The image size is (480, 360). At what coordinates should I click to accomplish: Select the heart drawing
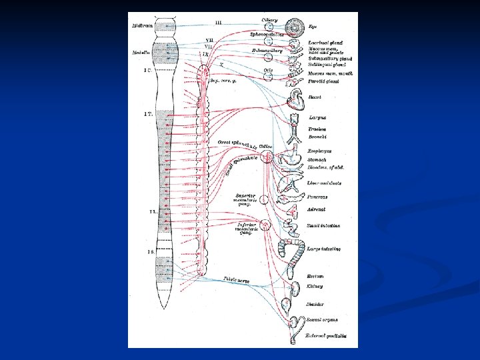tap(296, 101)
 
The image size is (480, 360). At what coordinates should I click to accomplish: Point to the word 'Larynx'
tap(317, 118)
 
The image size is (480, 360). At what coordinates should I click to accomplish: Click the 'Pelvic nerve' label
tap(237, 281)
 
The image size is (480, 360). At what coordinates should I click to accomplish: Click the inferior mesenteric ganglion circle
tap(265, 225)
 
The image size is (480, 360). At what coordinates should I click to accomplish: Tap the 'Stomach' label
tap(317, 160)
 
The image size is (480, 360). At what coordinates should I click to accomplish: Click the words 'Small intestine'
tap(325, 226)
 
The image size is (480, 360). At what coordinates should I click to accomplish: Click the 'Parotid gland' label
tap(324, 81)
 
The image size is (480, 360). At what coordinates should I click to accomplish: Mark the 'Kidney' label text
tap(315, 286)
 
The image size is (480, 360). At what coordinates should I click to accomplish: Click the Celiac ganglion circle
tap(266, 157)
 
